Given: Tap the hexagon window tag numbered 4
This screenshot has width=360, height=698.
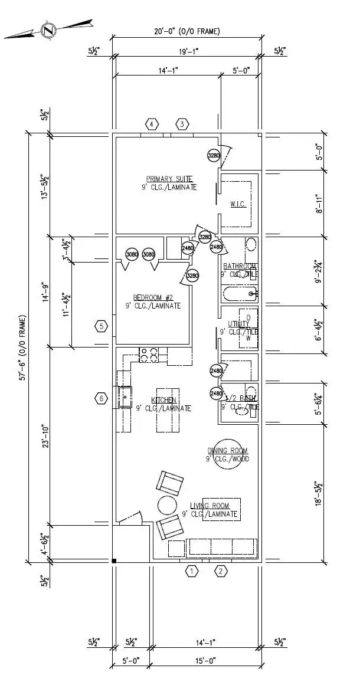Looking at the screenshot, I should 152,124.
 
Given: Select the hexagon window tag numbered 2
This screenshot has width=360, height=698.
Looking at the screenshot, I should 221,571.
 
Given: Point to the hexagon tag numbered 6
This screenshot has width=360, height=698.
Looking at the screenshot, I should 102,399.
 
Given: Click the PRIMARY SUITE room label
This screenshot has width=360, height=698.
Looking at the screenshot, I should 170,179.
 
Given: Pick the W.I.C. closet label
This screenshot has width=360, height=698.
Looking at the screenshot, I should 238,204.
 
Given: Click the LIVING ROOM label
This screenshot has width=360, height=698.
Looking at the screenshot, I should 210,506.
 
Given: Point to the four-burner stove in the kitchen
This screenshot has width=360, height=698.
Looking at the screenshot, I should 148,355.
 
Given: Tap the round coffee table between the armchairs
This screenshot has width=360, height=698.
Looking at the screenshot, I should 167,506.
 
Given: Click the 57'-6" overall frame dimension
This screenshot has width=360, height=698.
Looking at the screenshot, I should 22,348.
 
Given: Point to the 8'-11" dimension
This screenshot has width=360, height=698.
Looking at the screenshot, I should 319,204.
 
